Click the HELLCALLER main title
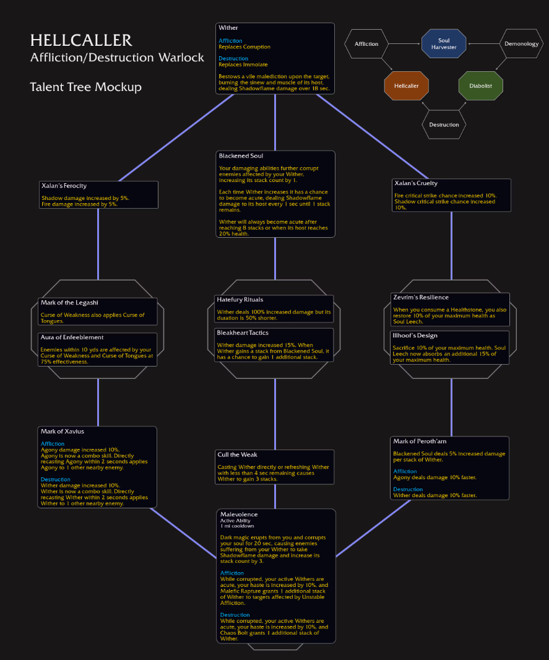point(81,41)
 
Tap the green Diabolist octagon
point(480,85)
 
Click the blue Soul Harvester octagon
point(443,44)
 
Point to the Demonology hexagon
point(521,44)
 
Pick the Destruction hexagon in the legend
point(444,124)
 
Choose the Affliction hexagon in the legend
point(366,44)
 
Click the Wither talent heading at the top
point(228,28)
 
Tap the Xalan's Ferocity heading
point(64,186)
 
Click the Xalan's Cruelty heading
point(416,183)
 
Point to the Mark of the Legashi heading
point(69,303)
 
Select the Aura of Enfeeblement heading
point(72,337)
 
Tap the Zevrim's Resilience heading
point(421,297)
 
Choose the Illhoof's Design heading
point(415,336)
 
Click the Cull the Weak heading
point(238,454)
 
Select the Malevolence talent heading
point(239,515)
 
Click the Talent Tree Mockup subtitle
point(85,87)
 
